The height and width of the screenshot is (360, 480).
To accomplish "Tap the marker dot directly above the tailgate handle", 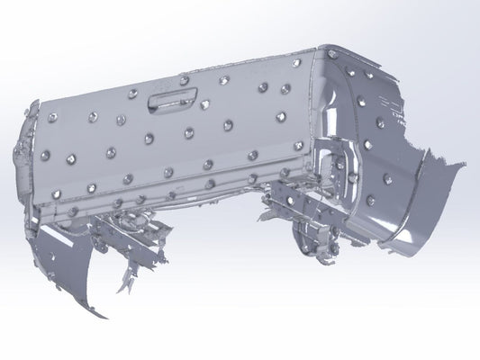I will (x=184, y=80).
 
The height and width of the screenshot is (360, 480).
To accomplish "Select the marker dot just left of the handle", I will (x=132, y=94).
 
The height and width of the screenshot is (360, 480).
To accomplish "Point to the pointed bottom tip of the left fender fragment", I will (x=103, y=317).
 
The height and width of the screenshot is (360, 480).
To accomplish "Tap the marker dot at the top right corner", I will (x=333, y=55).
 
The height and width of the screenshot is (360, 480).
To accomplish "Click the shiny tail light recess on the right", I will (x=340, y=166).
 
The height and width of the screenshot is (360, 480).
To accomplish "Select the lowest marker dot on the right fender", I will (x=370, y=201).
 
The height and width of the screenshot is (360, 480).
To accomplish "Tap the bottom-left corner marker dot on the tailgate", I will (x=56, y=193).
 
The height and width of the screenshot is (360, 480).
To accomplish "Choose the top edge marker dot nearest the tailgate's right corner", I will (x=296, y=63).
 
